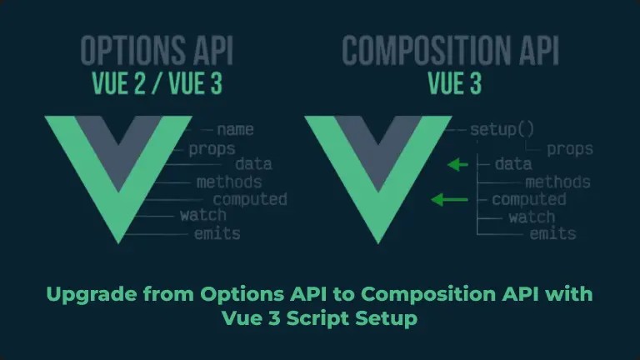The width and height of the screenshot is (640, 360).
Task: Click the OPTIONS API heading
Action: pyautogui.click(x=157, y=52)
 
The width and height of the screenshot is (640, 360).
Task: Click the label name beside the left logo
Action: pyautogui.click(x=235, y=130)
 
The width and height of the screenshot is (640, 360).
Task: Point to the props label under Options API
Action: pyautogui.click(x=211, y=149)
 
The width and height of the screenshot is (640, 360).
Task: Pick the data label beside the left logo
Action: pyautogui.click(x=253, y=164)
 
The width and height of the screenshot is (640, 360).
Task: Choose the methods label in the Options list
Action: pyautogui.click(x=229, y=182)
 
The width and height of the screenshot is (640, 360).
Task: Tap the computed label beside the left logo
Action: pyautogui.click(x=250, y=199)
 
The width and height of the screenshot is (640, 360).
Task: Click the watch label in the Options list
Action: pyautogui.click(x=202, y=216)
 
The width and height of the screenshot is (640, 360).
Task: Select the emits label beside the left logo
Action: pyautogui.click(x=217, y=233)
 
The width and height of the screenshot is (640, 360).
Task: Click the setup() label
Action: pyautogui.click(x=502, y=130)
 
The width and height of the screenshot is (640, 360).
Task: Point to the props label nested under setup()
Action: pyautogui.click(x=570, y=149)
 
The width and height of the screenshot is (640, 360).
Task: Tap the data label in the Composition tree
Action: pyautogui.click(x=512, y=164)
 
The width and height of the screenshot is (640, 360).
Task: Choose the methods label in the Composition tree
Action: pyautogui.click(x=557, y=182)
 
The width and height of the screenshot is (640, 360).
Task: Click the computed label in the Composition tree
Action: pyautogui.click(x=528, y=199)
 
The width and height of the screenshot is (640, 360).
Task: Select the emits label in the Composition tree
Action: pyautogui.click(x=552, y=234)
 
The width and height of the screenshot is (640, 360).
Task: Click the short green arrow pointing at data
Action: pyautogui.click(x=457, y=165)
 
